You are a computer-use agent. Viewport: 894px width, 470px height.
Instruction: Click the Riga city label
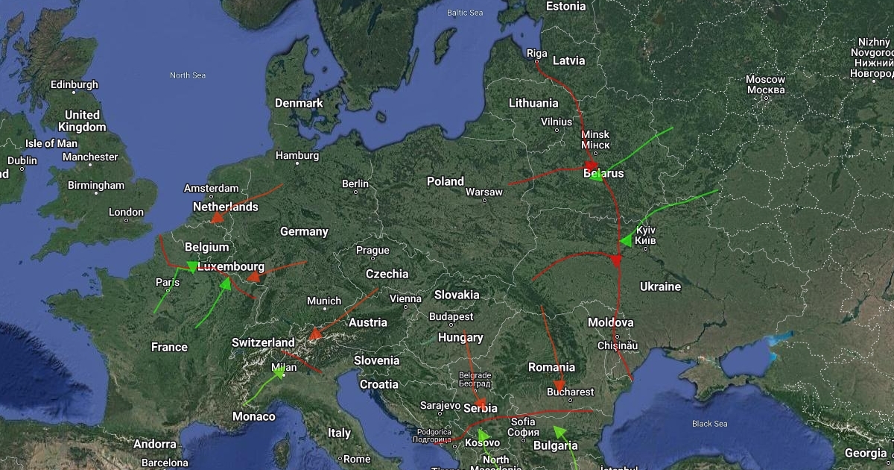[536, 53]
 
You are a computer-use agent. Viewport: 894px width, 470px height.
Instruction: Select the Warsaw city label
[484, 192]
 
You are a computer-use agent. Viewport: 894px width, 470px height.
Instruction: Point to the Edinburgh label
[74, 84]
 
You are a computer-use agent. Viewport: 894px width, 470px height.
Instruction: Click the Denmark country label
[298, 103]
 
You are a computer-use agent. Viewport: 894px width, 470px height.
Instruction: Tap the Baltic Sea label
[465, 13]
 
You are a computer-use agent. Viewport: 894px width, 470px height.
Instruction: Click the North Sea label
[188, 75]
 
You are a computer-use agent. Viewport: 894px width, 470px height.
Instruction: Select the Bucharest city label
[571, 392]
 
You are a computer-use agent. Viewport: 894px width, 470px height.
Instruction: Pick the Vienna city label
[405, 298]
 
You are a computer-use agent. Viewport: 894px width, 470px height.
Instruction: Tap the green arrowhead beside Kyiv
[626, 240]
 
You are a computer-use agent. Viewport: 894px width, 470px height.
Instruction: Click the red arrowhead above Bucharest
[559, 385]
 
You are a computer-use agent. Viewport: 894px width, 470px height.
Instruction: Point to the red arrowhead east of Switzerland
[315, 333]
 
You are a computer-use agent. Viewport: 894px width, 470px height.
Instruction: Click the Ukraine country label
[660, 286]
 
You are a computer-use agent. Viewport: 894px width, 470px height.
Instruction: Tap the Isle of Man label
[51, 143]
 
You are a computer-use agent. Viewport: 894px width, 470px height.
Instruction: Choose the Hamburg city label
[297, 156]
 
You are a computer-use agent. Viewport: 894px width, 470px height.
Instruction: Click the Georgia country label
[865, 453]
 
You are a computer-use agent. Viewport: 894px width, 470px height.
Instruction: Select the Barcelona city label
[165, 463]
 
